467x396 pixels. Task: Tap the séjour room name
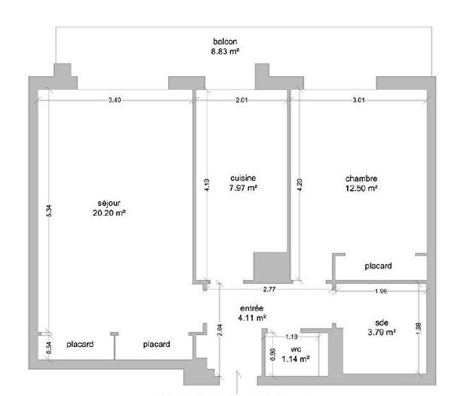click(x=109, y=203)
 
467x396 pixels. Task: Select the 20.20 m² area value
click(x=109, y=213)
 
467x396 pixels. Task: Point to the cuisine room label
click(x=243, y=178)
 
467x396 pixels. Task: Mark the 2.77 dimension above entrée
click(x=270, y=290)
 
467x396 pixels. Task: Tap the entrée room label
click(x=251, y=308)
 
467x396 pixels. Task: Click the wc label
click(x=296, y=350)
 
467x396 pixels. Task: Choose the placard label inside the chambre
click(x=377, y=266)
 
